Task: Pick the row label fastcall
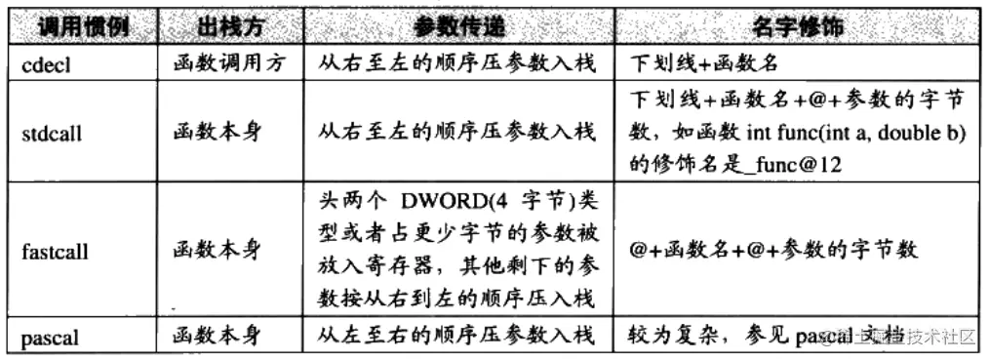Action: pyautogui.click(x=55, y=252)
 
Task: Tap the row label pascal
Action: pyautogui.click(x=50, y=339)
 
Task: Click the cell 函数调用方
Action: pyautogui.click(x=225, y=63)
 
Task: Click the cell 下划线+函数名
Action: pyautogui.click(x=704, y=63)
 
